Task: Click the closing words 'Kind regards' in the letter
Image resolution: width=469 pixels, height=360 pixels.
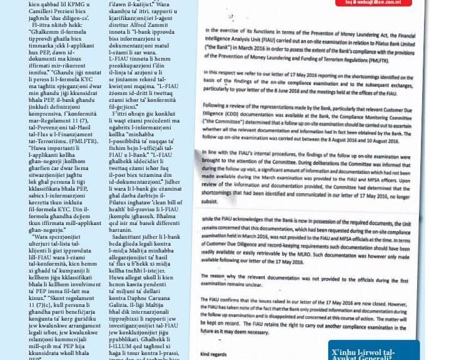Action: [216, 353]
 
